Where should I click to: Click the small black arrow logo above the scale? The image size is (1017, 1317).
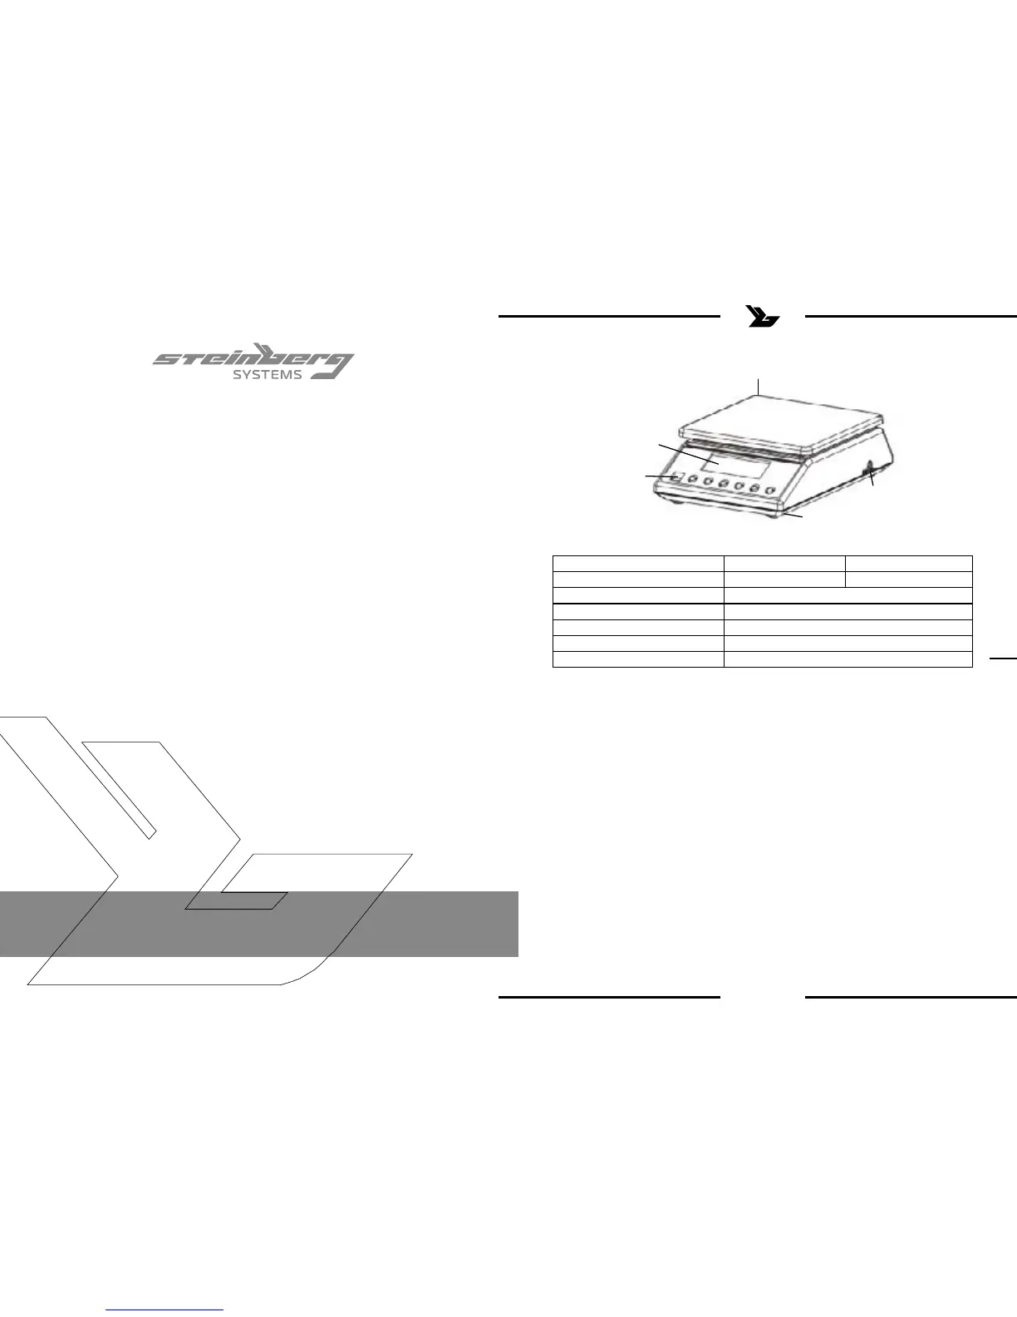(763, 317)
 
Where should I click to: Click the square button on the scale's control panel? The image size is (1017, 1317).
(678, 478)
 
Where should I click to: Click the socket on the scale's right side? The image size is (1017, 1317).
(869, 473)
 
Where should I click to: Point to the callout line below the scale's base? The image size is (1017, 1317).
(794, 517)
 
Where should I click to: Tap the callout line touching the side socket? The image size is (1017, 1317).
(872, 481)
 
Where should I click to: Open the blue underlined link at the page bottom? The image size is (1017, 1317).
(165, 1310)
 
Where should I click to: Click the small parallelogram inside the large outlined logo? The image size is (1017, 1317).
(237, 900)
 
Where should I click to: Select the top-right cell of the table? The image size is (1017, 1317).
(909, 563)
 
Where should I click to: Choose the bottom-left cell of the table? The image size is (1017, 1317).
(638, 659)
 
